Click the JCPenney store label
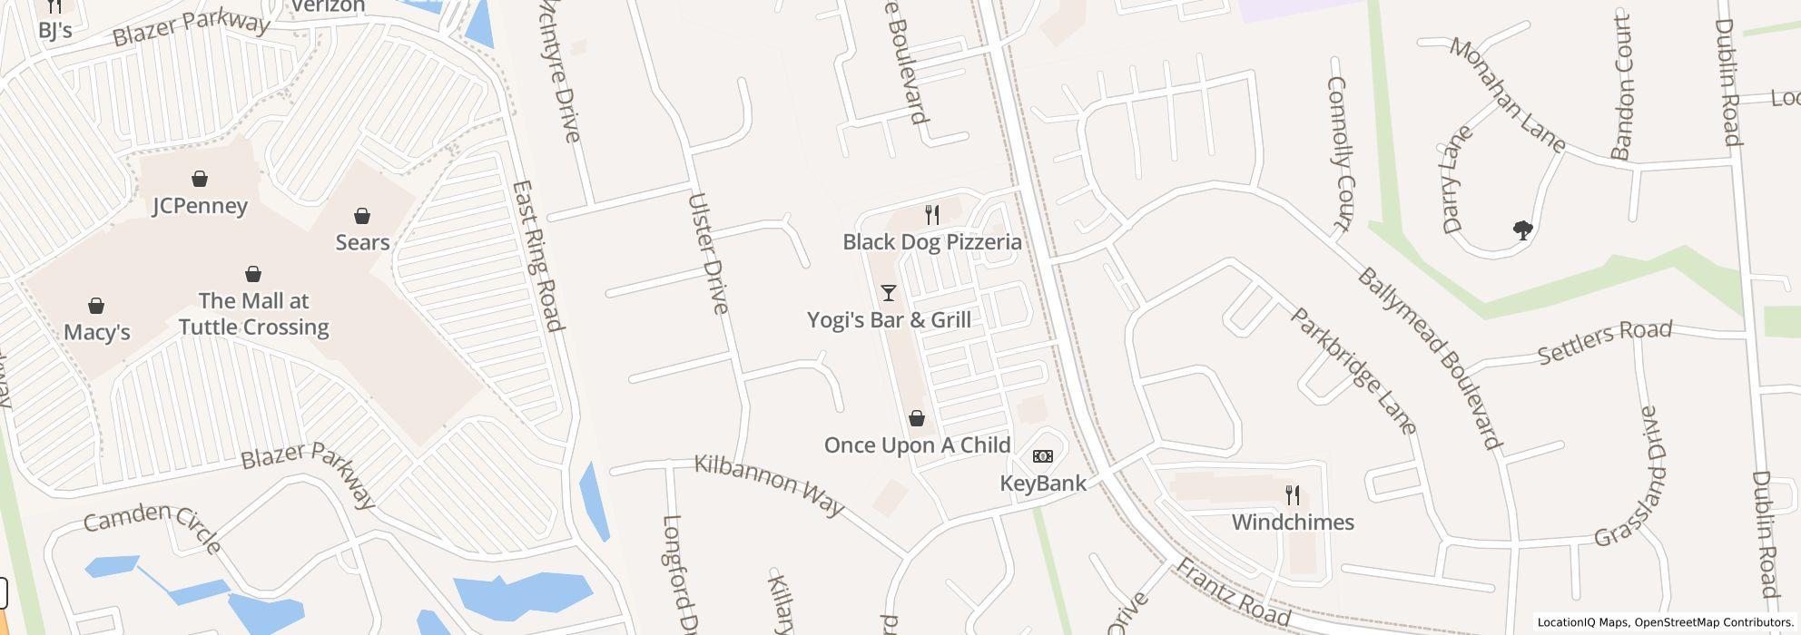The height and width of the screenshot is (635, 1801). click(200, 206)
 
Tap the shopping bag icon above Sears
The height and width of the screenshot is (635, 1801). click(362, 216)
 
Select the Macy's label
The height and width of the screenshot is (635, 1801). click(97, 332)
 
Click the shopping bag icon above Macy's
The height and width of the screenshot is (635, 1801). click(96, 306)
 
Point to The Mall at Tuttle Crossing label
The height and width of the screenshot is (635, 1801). click(253, 314)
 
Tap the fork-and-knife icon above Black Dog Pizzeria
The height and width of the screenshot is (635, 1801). click(931, 215)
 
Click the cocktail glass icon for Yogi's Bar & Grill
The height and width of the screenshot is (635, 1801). click(889, 293)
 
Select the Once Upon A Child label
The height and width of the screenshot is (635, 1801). click(917, 444)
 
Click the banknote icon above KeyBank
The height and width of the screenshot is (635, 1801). click(1043, 456)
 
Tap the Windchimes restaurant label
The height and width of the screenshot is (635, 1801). click(1293, 522)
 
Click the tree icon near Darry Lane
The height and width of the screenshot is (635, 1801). click(1523, 230)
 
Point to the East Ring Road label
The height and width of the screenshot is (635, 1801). click(538, 257)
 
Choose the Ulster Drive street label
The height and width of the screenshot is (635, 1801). click(708, 254)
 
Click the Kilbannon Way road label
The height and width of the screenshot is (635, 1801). click(769, 484)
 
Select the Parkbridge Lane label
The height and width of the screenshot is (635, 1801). click(1353, 371)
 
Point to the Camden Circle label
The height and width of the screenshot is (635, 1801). click(153, 527)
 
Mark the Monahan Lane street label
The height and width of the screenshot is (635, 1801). click(1507, 94)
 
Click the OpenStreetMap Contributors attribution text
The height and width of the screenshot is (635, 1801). click(1711, 622)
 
